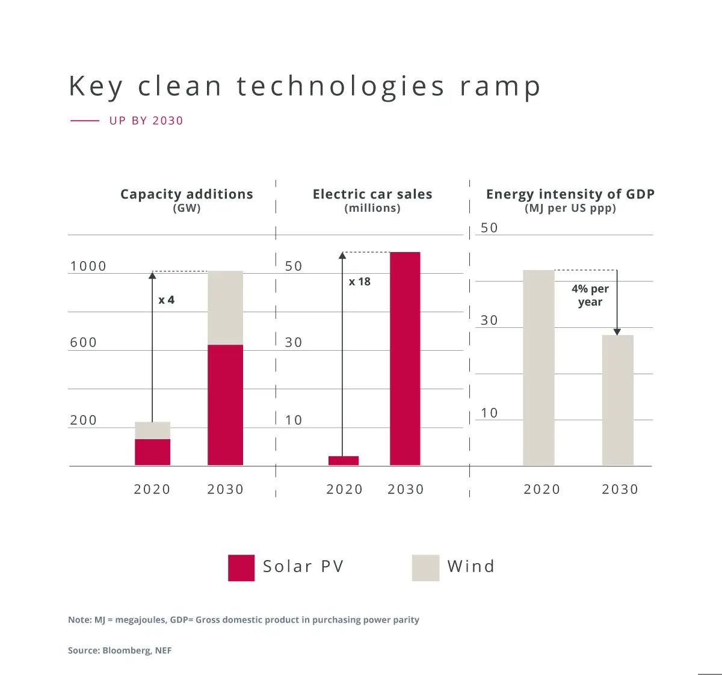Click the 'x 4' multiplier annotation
click(166, 300)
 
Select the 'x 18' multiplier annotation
click(360, 282)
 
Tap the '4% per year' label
click(590, 295)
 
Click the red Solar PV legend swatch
click(241, 567)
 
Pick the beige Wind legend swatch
click(425, 567)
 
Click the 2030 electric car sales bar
click(405, 358)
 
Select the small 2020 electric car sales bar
click(344, 460)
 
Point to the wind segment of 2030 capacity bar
click(226, 307)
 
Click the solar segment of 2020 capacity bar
click(152, 452)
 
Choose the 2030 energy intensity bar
click(618, 400)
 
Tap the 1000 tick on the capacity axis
click(88, 266)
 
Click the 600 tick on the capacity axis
click(84, 342)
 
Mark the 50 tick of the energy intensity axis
click(489, 228)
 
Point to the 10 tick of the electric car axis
click(294, 420)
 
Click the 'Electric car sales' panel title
click(372, 194)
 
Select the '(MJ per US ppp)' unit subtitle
click(570, 208)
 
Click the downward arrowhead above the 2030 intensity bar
click(617, 331)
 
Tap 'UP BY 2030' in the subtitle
click(146, 120)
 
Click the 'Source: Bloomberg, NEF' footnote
click(120, 650)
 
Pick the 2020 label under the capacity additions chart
click(152, 489)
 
